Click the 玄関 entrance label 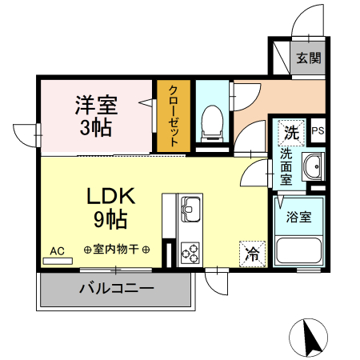(308, 58)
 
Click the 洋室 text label (95, 104)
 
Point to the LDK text (112, 195)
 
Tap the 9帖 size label (112, 218)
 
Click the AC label (57, 251)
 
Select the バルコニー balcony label (116, 289)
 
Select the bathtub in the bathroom (297, 252)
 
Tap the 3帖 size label (95, 126)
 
